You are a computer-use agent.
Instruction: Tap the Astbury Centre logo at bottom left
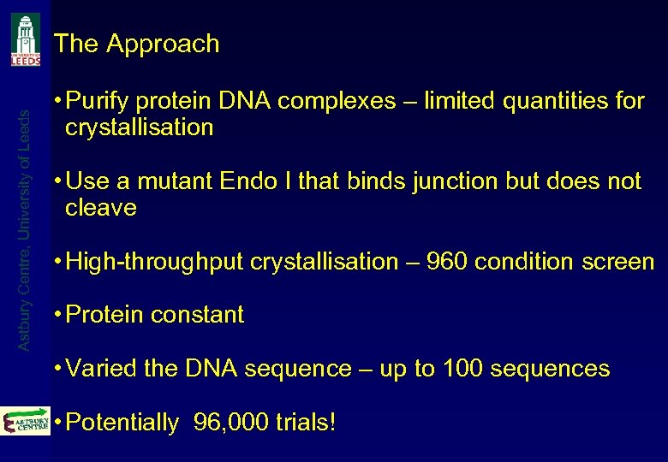point(26,421)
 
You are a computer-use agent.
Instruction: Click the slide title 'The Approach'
point(136,44)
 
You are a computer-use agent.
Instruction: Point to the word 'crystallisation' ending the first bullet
point(139,128)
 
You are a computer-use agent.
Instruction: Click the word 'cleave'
point(101,208)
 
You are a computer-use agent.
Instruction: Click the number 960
point(447,262)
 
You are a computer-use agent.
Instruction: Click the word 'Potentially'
point(122,423)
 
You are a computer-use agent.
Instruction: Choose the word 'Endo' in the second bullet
point(245,181)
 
